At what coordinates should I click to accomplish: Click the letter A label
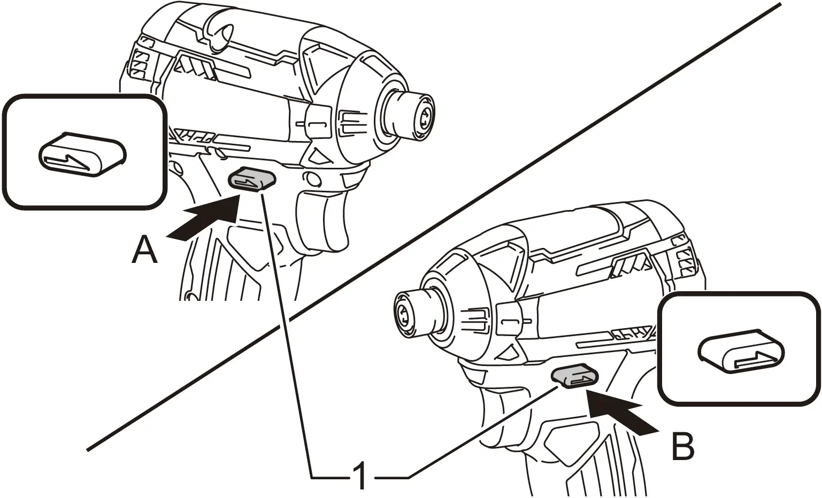tap(144, 251)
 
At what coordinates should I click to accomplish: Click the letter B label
tap(682, 446)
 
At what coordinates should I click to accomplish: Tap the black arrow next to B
tap(620, 409)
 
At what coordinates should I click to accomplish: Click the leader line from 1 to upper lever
tap(283, 321)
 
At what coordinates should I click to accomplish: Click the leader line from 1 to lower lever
tap(481, 433)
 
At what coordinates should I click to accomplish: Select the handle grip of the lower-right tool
tap(578, 460)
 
